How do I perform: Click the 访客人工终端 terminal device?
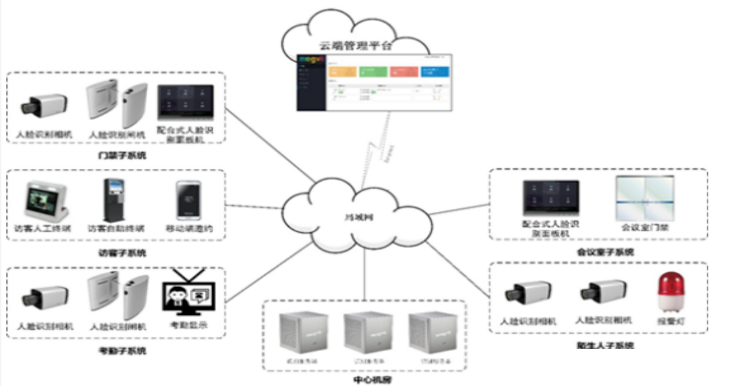tap(46, 201)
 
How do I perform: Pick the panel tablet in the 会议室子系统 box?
tap(550, 197)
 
